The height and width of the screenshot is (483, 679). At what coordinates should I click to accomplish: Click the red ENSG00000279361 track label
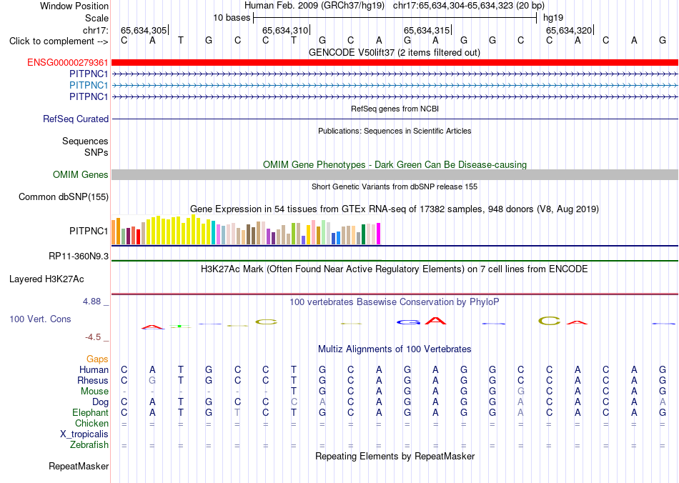coord(68,63)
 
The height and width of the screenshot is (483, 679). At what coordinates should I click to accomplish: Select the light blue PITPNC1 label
coord(89,85)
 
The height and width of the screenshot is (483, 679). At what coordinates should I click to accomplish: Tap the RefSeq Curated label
coord(76,119)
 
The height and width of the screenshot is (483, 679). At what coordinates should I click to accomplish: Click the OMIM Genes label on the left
coord(81,175)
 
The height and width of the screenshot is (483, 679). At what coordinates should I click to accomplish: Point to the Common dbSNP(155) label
coord(64,197)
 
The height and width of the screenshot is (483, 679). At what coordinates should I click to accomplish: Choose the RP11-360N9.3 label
coord(79,257)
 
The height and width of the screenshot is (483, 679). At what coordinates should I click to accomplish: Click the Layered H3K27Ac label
coord(46,279)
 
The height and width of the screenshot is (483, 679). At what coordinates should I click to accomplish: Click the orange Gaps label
coord(97,359)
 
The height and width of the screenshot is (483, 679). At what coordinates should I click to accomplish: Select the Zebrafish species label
coord(89,444)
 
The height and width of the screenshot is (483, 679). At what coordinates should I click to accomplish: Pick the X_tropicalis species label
coord(84,434)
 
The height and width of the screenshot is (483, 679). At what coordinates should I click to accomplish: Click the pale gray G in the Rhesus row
coord(152,380)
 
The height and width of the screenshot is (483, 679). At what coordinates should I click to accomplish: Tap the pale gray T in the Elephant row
coord(237,413)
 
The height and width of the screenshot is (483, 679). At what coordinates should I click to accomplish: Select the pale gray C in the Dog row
coord(294,402)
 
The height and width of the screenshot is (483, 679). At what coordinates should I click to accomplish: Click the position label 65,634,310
coord(285,30)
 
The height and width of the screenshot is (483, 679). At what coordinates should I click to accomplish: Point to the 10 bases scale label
coord(232,18)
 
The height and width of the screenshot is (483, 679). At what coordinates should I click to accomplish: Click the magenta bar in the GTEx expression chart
coord(379,234)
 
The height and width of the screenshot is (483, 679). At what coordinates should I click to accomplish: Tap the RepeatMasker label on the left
coord(79,466)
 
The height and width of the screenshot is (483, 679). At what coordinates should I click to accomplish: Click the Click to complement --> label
coord(59,41)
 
